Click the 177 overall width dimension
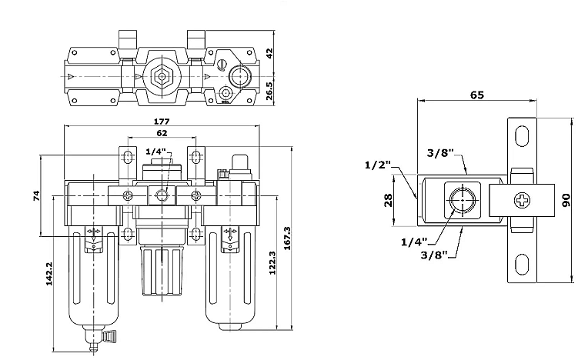click(x=162, y=122)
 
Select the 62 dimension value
click(x=162, y=133)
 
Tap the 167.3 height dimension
click(x=287, y=238)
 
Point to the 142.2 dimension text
click(x=49, y=274)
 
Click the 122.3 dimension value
click(x=272, y=263)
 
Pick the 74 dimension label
click(x=37, y=195)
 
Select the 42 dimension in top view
click(x=269, y=53)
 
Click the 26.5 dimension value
click(x=269, y=91)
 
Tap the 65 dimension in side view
click(x=477, y=95)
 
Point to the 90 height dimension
click(x=566, y=200)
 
